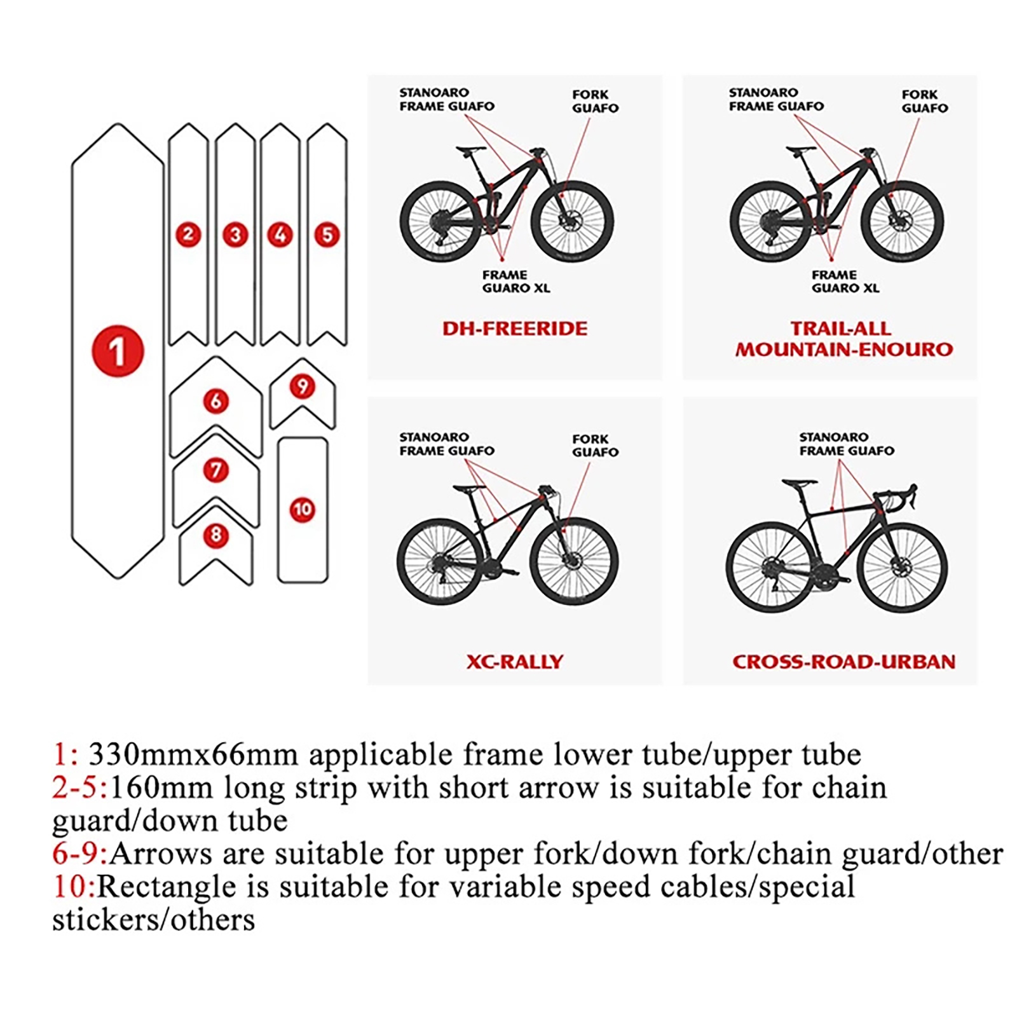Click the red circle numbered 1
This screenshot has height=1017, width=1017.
point(118,351)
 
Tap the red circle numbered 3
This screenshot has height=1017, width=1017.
point(235,235)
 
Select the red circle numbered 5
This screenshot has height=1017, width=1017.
point(327,235)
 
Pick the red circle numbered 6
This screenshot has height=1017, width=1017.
point(216,401)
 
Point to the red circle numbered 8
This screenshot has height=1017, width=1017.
point(216,535)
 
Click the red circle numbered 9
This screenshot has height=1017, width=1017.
point(303,386)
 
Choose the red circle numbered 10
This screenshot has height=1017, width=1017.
point(303,509)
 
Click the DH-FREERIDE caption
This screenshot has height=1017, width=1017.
point(515,329)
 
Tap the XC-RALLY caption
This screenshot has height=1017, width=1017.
point(515,662)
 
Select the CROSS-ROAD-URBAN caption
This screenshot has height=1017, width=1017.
point(843,662)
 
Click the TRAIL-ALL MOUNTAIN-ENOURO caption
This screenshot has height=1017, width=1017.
point(843,339)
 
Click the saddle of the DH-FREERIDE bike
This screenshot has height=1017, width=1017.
point(470,150)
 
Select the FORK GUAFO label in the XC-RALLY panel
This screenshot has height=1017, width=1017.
point(595,445)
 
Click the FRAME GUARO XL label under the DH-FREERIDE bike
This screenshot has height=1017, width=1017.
point(515,281)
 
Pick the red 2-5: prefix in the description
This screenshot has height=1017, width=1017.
point(80,788)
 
